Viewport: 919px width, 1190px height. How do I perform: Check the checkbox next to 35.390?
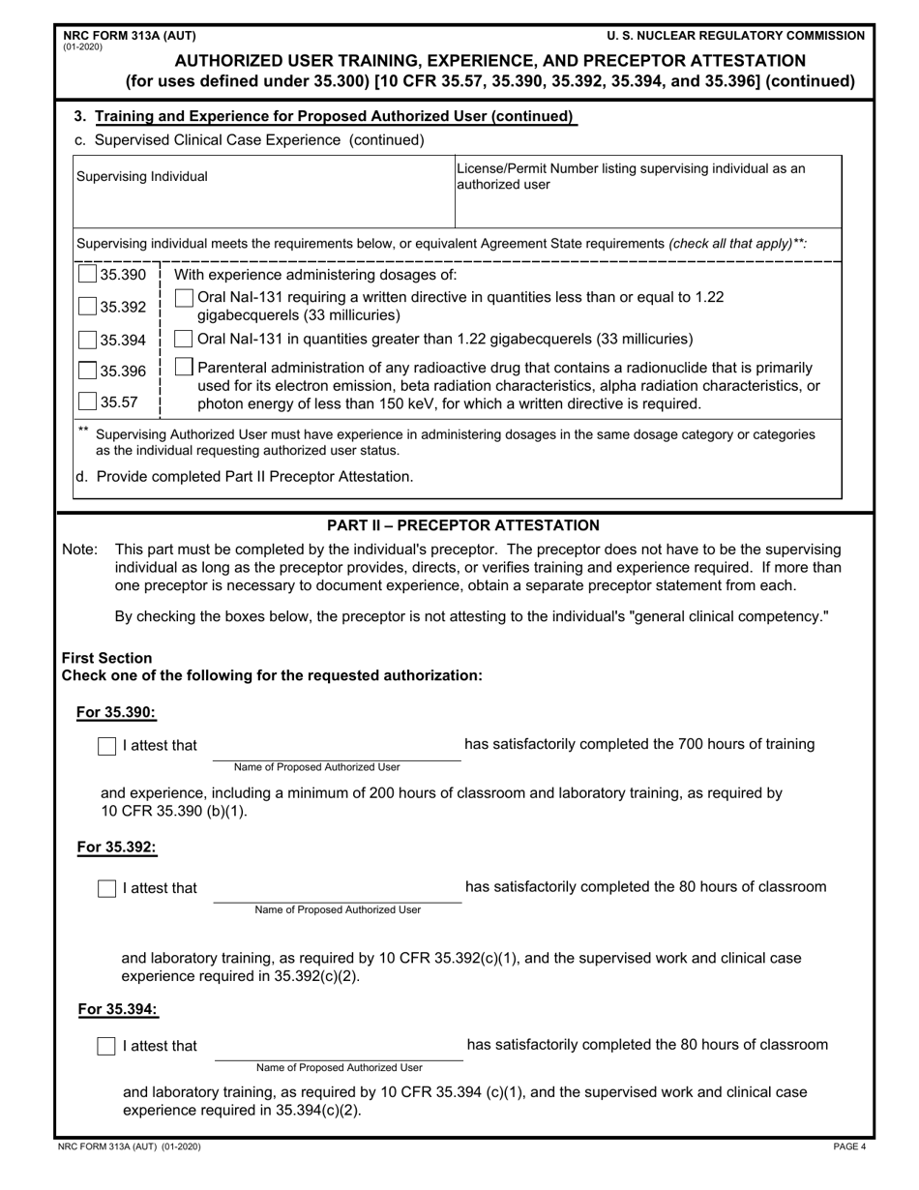(x=87, y=275)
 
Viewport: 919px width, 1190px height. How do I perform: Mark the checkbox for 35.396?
(x=87, y=371)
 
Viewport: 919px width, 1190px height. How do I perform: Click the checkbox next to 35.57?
(x=87, y=401)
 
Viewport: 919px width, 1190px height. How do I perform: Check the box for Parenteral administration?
(x=184, y=367)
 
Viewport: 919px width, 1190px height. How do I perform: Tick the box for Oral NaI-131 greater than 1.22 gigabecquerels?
(x=183, y=339)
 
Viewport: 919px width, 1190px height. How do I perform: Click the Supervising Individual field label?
(x=142, y=177)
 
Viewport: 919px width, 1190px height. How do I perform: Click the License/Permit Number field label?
(x=630, y=176)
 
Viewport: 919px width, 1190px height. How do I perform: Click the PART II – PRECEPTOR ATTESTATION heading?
(x=463, y=525)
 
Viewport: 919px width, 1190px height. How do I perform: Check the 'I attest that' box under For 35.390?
(x=107, y=746)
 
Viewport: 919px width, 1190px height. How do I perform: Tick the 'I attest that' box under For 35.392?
(x=107, y=888)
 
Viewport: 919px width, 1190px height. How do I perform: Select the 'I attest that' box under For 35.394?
(x=107, y=1047)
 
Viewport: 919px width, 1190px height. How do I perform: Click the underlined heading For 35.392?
(x=117, y=848)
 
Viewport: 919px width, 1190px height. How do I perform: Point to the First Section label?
(x=106, y=658)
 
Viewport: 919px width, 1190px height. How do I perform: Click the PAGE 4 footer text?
(x=849, y=1147)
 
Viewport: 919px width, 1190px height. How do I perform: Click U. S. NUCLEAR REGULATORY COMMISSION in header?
(x=736, y=36)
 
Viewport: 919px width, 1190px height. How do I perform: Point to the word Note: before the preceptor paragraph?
(x=79, y=550)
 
